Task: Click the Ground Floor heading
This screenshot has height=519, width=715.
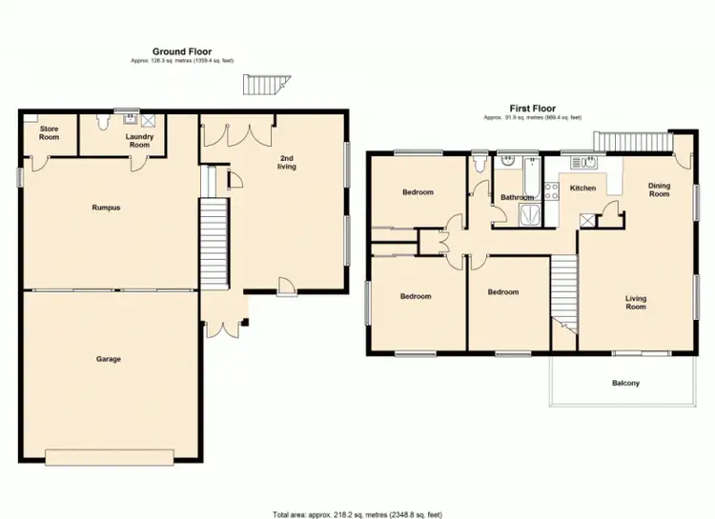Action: tap(182, 51)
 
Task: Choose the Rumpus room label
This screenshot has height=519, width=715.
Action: tap(105, 207)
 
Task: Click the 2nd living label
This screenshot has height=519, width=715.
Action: tap(287, 162)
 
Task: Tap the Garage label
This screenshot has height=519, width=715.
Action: tap(108, 359)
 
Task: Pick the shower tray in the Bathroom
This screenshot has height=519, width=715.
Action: tap(526, 215)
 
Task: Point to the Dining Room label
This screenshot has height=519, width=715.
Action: tap(660, 190)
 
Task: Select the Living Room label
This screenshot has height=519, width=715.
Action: tap(636, 303)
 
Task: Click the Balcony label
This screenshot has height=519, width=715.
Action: tap(625, 384)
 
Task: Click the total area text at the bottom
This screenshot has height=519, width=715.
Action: tap(357, 513)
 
